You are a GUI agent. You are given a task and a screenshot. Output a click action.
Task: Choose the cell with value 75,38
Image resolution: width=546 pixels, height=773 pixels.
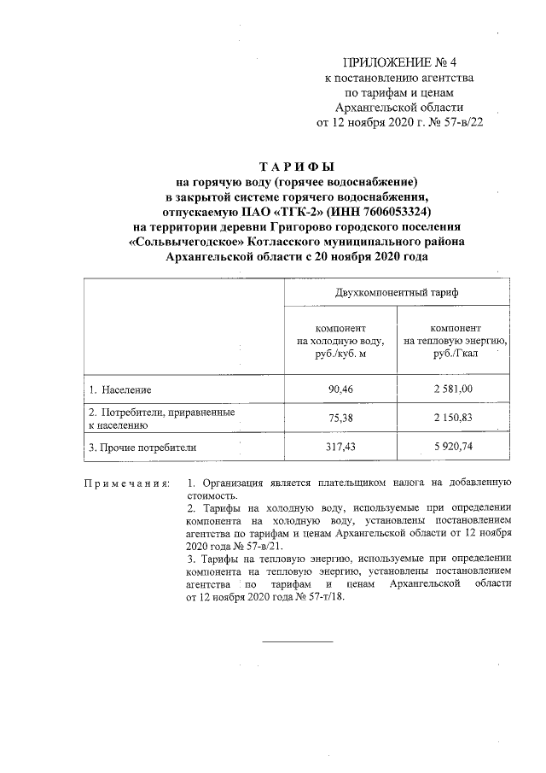point(340,419)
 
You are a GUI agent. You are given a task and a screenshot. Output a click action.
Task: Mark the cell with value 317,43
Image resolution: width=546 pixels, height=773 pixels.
point(340,447)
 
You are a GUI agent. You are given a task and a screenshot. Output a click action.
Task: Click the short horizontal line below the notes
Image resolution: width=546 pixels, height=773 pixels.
point(296,641)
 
